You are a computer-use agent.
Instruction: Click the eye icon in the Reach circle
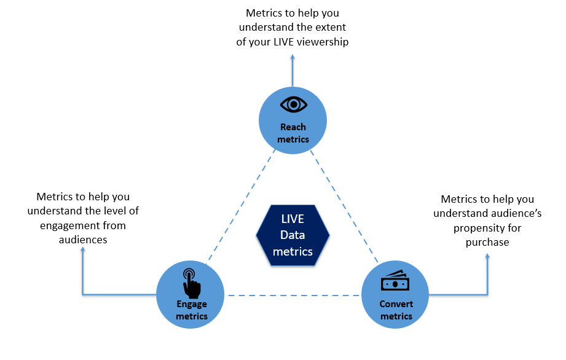coord(293,104)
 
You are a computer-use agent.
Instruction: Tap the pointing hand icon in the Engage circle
coord(191,282)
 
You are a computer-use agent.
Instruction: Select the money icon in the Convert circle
coord(393,281)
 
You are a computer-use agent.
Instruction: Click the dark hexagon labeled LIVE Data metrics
coord(293,235)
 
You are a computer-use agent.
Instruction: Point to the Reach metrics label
coord(293,133)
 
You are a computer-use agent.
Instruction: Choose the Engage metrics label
coord(191,310)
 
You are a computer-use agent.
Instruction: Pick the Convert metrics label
coord(396,310)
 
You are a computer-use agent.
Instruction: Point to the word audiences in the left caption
coord(83,240)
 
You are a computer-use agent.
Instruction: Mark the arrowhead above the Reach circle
coord(293,56)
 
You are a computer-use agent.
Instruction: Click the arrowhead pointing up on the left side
coord(82,251)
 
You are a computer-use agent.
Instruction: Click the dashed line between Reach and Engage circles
coord(240,206)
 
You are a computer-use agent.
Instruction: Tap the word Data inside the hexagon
coord(293,235)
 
